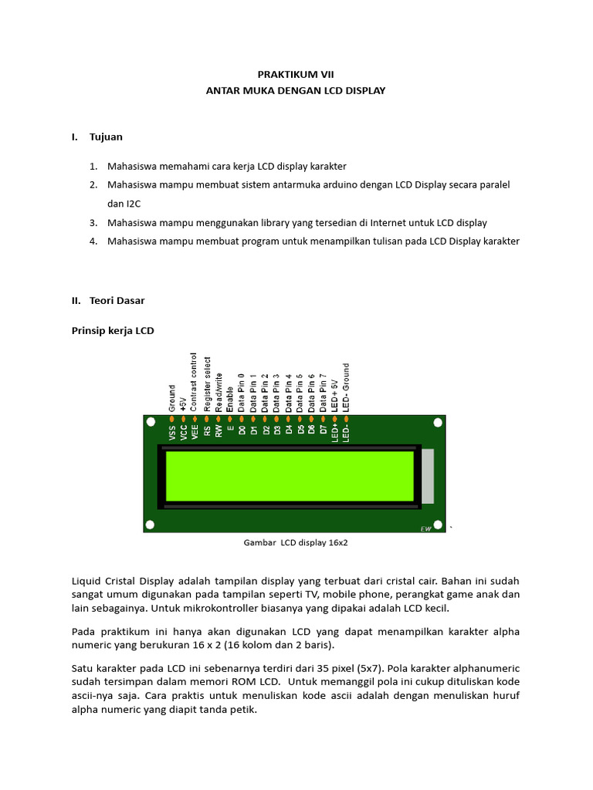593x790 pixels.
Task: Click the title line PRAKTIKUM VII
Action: point(296,74)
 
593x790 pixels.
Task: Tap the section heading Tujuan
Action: point(106,137)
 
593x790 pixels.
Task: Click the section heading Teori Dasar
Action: point(117,301)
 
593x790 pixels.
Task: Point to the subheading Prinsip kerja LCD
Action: point(113,331)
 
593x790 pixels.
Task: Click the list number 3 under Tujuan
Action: point(92,223)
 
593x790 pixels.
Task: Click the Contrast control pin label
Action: point(195,381)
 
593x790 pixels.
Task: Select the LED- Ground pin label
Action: point(346,387)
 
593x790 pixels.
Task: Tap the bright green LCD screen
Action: point(290,476)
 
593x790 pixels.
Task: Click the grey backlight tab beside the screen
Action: point(428,477)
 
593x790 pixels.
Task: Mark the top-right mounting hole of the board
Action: point(439,423)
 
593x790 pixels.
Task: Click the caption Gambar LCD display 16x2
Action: point(296,543)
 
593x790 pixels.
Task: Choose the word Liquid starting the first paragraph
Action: point(86,580)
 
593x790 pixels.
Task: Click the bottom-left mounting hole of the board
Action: point(151,525)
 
